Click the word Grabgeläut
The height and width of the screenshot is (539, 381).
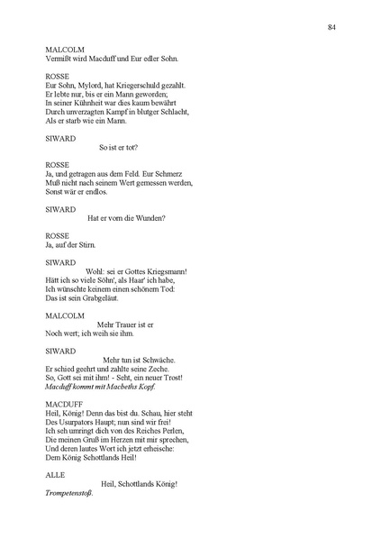pos(100,297)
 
